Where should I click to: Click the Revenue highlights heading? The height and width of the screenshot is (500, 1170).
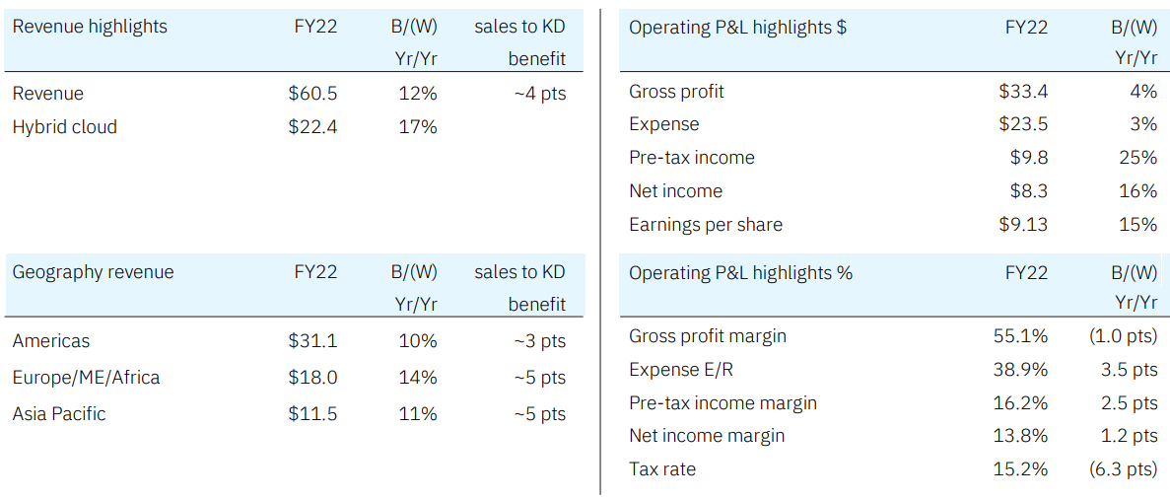pos(90,27)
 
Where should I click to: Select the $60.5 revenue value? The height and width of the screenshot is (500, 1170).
pos(312,94)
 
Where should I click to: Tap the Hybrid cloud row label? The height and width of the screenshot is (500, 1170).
pos(64,127)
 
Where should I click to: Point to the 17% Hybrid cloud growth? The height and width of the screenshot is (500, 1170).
pos(417,127)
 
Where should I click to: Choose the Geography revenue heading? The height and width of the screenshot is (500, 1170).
pos(93,272)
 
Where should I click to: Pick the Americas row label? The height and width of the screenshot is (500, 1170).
pos(50,341)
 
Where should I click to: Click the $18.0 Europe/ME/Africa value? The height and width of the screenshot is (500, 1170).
pos(312,378)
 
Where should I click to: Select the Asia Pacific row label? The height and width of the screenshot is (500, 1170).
pos(58,414)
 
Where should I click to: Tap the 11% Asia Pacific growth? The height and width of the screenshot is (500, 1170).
pos(417,414)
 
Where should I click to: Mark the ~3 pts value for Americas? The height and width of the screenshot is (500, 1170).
pos(539,341)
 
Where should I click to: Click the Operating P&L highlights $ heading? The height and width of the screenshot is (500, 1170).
pos(737,28)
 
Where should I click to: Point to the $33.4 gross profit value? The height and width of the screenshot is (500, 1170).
pos(1023,92)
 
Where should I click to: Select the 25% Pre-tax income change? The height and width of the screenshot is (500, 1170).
pos(1138,158)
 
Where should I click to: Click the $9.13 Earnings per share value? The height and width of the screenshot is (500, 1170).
pos(1023,225)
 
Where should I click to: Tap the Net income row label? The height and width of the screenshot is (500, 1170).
pos(675,191)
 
